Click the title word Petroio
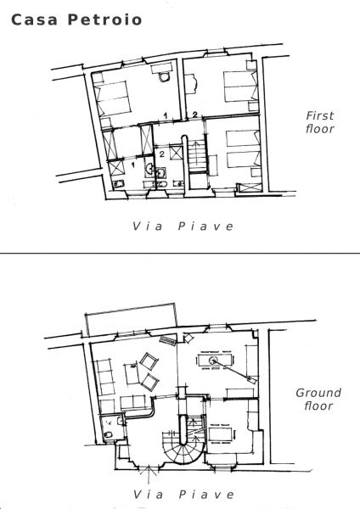(104, 20)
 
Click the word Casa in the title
(35, 20)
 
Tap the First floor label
(320, 122)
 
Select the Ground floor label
(318, 400)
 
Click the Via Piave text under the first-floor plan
(183, 227)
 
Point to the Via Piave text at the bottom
(183, 495)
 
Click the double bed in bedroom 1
(111, 98)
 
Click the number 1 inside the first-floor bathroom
(132, 165)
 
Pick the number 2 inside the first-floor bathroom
(162, 154)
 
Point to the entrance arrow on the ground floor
(149, 474)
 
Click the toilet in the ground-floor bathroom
(108, 434)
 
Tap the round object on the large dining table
(213, 360)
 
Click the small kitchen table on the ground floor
(220, 434)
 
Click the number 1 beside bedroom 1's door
(166, 115)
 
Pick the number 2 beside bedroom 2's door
(194, 115)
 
